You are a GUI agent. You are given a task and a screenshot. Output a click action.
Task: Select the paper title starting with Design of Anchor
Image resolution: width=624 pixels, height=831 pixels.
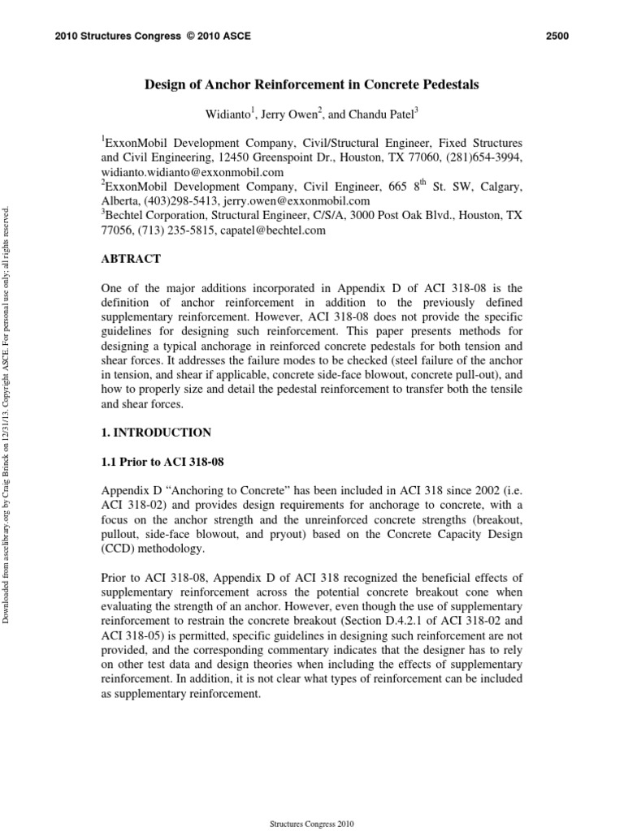[x=311, y=84]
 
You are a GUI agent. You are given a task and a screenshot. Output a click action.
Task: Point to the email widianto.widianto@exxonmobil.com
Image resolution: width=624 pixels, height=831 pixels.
[x=192, y=173]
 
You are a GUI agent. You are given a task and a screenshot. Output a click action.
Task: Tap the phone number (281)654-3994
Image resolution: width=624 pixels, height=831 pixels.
[x=484, y=158]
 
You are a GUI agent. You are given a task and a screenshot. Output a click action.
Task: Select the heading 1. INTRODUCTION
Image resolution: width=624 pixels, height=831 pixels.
[x=156, y=433]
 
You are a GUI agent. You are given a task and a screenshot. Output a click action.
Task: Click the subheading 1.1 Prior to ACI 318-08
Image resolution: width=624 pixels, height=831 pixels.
[x=162, y=462]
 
